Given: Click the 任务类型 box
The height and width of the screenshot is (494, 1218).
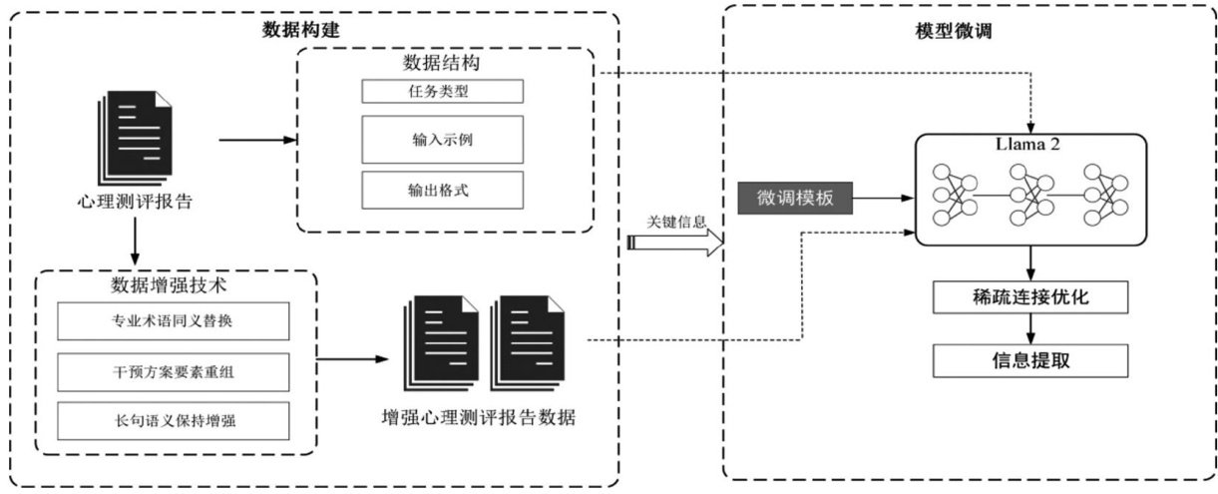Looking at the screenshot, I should pyautogui.click(x=441, y=91).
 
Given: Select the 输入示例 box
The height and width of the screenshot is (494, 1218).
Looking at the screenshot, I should pyautogui.click(x=441, y=139).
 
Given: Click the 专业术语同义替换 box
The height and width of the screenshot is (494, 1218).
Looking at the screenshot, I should pyautogui.click(x=174, y=321).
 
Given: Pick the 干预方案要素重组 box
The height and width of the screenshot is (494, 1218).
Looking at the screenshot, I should pyautogui.click(x=174, y=371).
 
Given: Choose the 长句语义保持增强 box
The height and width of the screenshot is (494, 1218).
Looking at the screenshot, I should pyautogui.click(x=174, y=420).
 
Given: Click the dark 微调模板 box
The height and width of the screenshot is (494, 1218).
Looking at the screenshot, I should pyautogui.click(x=795, y=199).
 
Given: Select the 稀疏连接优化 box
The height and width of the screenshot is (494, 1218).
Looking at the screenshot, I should pyautogui.click(x=1030, y=297).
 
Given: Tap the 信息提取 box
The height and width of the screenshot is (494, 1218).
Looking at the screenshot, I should pyautogui.click(x=1030, y=358).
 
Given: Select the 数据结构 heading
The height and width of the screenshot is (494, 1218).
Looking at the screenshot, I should pyautogui.click(x=441, y=63).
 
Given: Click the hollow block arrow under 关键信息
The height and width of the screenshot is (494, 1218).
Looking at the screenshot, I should pyautogui.click(x=674, y=243).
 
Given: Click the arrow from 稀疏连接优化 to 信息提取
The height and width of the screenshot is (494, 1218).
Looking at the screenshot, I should pyautogui.click(x=1030, y=328).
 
